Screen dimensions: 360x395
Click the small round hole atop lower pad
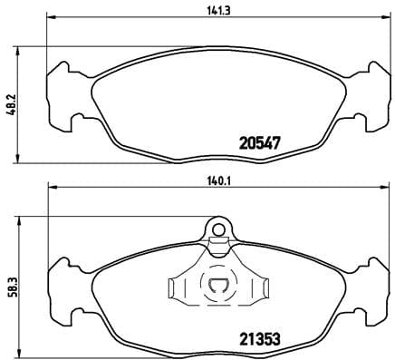point(217,230)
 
